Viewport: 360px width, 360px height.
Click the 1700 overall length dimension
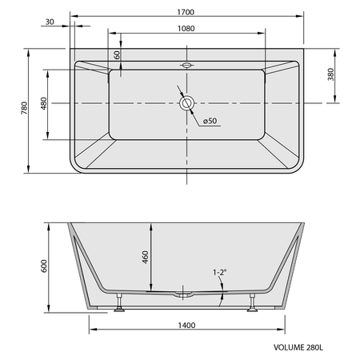coord(186,12)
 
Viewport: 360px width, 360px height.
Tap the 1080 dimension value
coord(186,29)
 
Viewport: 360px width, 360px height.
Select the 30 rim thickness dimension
coord(50,22)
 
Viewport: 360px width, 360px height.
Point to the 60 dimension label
coord(117,55)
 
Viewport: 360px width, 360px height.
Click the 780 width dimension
coord(24,108)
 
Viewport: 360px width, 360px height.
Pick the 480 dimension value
coord(44,103)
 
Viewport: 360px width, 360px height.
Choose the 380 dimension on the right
coord(330,74)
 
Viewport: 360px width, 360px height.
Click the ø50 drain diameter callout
coord(210,121)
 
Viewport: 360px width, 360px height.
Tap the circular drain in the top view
coord(186,103)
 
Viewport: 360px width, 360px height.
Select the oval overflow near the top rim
coord(186,65)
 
